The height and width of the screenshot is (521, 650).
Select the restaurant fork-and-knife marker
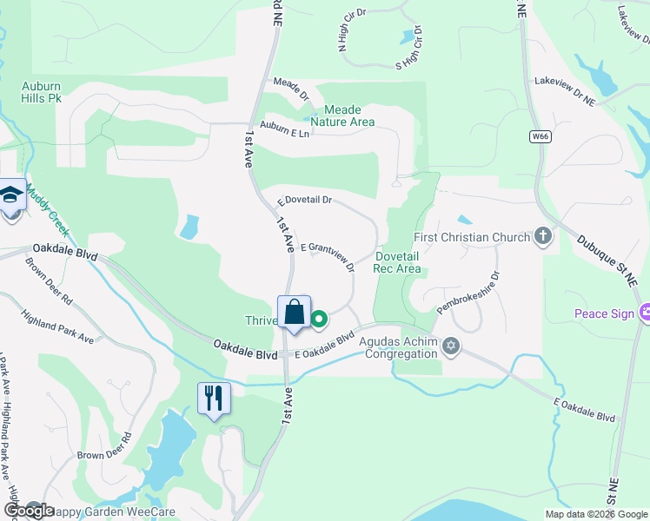214,399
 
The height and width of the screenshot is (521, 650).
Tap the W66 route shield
541,136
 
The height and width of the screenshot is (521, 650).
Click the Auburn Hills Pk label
42,93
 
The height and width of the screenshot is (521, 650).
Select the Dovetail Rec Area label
398,262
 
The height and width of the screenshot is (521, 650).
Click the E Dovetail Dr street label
305,201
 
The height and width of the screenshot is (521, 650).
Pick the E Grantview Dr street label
328,254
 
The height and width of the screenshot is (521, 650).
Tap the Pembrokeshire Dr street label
469,293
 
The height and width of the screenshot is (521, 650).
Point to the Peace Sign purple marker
646,313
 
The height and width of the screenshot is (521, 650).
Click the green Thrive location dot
319,319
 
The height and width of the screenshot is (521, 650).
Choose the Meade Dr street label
291,89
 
